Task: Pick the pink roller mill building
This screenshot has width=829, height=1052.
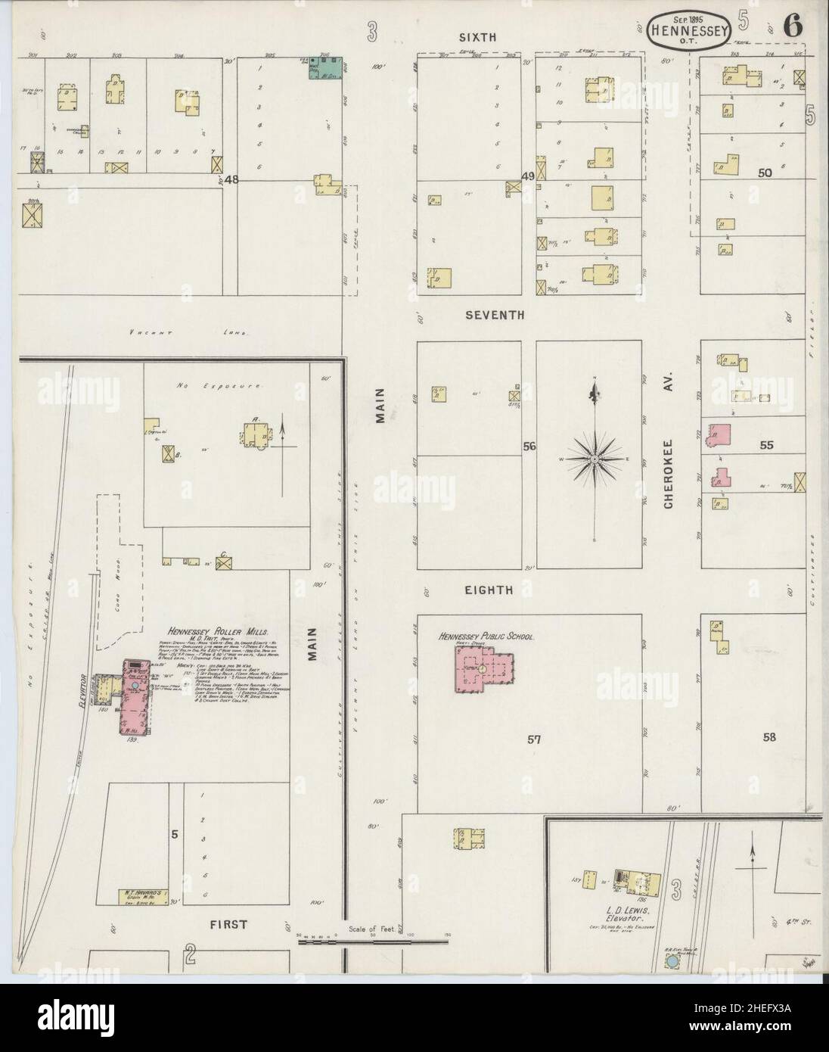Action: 135,698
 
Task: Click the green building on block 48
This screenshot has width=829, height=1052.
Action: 328,67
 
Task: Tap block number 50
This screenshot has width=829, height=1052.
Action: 765,173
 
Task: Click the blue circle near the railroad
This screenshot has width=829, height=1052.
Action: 670,962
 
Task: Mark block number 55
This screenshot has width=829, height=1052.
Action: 766,446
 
